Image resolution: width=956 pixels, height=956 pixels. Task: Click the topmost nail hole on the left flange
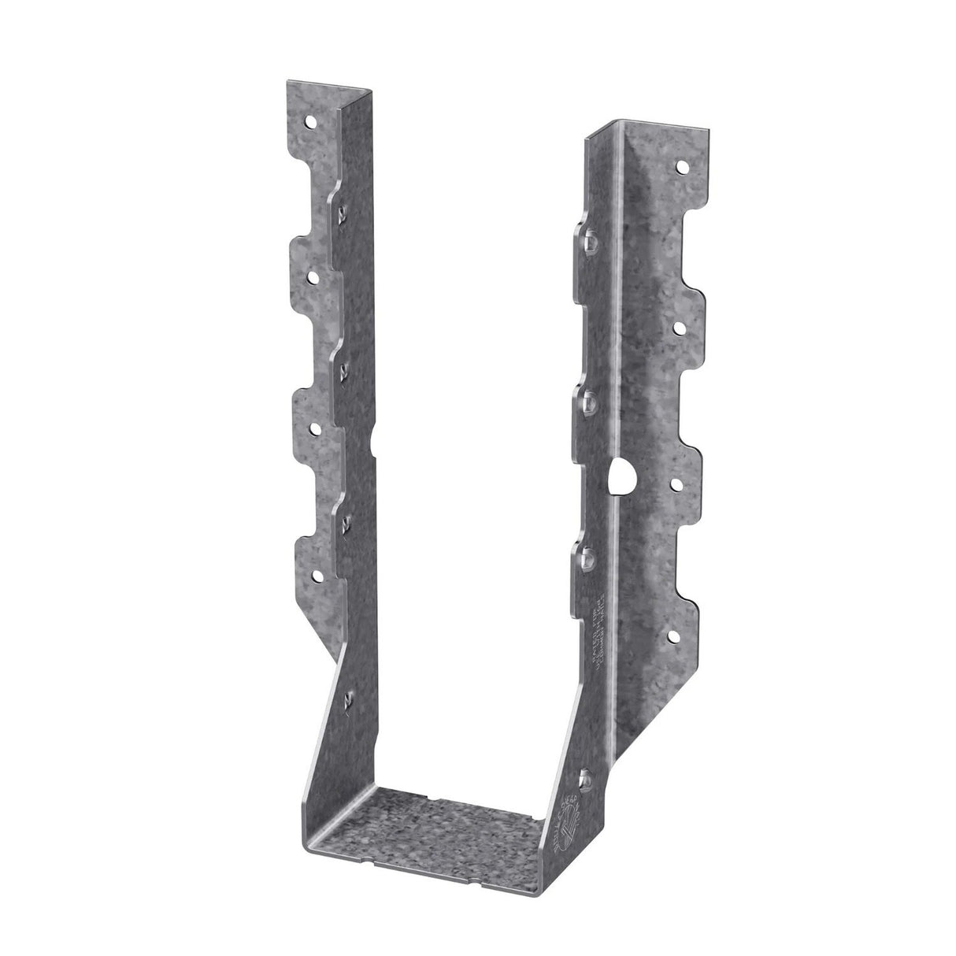pyautogui.click(x=313, y=122)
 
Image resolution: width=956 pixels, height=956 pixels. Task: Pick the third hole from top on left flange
pyautogui.click(x=317, y=428)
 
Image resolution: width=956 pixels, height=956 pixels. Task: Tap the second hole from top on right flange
pyautogui.click(x=678, y=324)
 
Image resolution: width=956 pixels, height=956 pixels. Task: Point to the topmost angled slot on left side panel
pyautogui.click(x=343, y=213)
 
